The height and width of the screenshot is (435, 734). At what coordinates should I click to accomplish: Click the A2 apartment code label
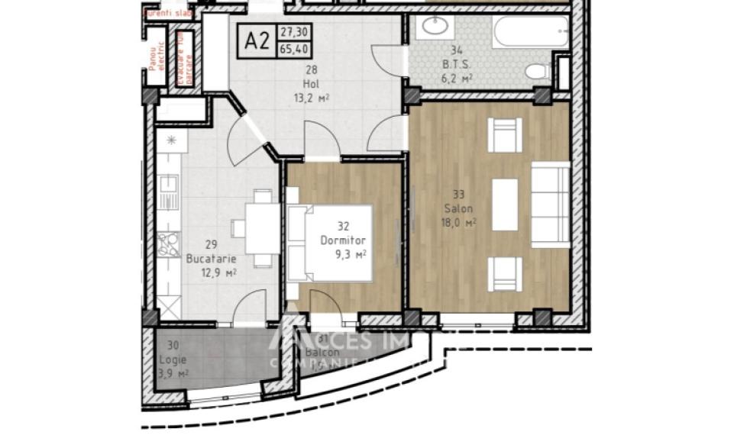(x=257, y=40)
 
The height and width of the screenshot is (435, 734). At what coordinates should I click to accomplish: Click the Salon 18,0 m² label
(x=460, y=208)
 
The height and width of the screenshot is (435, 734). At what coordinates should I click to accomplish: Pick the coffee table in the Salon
(x=505, y=204)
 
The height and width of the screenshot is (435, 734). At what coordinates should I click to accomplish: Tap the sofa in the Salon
(x=550, y=204)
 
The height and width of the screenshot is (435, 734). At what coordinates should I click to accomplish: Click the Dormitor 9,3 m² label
(x=343, y=240)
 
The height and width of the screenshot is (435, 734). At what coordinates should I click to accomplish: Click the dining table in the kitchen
(x=257, y=227)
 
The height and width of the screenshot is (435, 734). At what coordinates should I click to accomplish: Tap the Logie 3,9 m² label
(x=172, y=359)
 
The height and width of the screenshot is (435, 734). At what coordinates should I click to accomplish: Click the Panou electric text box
(x=157, y=59)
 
